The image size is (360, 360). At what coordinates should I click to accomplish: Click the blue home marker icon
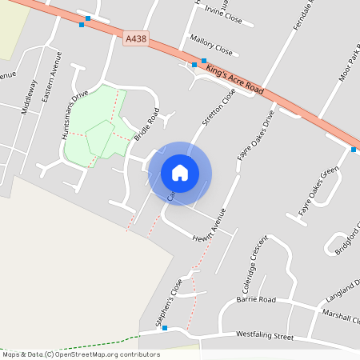tap(180, 173)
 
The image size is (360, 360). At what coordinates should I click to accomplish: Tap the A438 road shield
tap(136, 38)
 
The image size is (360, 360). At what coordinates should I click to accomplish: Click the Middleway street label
tap(30, 97)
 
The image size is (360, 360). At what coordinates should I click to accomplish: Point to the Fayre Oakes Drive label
tap(256, 135)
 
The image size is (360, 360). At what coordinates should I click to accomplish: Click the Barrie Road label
tap(256, 299)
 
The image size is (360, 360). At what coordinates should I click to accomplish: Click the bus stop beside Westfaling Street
tap(164, 327)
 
